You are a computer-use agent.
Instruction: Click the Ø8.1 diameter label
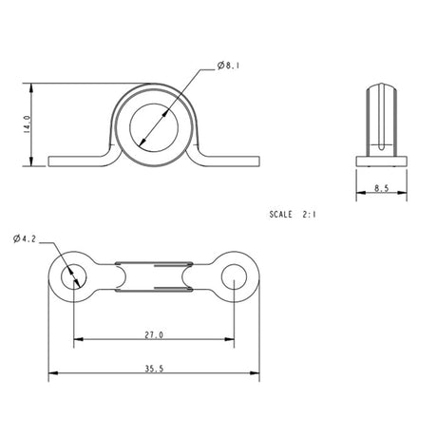(232, 65)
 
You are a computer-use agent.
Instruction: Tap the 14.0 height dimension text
(28, 123)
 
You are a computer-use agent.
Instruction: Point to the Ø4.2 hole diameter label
(26, 238)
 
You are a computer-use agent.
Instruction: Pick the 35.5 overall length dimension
(153, 367)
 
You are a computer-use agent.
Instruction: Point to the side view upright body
(380, 120)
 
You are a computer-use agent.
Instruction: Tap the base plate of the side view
(380, 161)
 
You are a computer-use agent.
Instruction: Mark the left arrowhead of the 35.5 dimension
(53, 371)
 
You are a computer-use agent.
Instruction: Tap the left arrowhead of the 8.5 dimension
(360, 195)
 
